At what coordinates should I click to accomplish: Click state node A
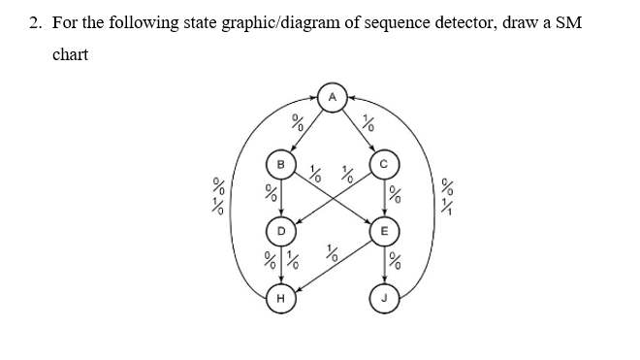tap(332, 98)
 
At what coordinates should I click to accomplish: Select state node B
tap(280, 165)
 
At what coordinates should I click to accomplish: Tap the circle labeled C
tap(384, 165)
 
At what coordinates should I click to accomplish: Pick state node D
tap(280, 232)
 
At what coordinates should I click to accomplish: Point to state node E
tap(384, 232)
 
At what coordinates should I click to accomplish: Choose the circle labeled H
tap(280, 299)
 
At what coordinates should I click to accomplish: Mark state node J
tap(384, 299)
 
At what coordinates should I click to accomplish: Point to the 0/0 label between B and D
tap(272, 197)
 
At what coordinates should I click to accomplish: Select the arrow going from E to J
tap(384, 265)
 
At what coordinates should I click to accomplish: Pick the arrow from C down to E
tap(384, 198)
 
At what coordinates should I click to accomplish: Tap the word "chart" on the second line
tap(70, 54)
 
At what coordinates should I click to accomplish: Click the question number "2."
tap(35, 22)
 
